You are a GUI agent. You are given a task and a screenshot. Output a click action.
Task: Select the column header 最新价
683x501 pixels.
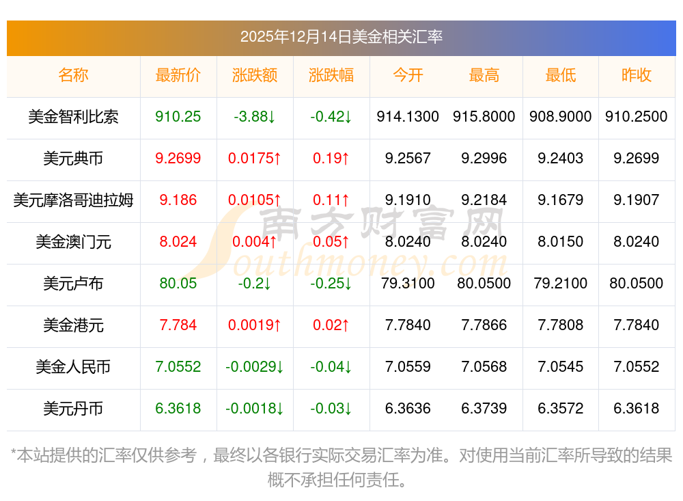click(x=178, y=75)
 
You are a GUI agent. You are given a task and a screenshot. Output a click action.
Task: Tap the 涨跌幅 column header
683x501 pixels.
click(x=331, y=75)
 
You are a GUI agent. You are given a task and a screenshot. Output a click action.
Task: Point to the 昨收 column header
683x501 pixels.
click(x=637, y=75)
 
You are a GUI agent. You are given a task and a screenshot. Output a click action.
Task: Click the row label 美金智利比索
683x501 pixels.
click(x=73, y=117)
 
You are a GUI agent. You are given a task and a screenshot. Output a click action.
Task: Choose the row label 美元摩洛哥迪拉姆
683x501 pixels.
click(x=73, y=200)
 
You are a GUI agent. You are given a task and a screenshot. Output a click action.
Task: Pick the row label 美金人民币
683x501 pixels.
click(x=73, y=367)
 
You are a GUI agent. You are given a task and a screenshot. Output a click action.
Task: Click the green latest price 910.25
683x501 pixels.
click(x=178, y=117)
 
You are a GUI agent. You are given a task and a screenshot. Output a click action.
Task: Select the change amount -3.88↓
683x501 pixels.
click(x=254, y=117)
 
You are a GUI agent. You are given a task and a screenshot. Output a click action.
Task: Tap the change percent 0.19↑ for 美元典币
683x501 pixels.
click(x=331, y=159)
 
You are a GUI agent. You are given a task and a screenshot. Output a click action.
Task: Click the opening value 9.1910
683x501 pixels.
click(x=408, y=200)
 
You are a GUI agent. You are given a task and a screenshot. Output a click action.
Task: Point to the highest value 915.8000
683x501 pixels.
click(x=484, y=117)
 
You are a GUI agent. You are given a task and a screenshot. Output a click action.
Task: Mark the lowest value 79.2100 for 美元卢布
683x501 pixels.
click(x=561, y=284)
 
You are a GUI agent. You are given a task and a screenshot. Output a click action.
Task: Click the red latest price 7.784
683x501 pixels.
click(x=178, y=325)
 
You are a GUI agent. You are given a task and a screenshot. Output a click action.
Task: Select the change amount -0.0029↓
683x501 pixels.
click(x=254, y=367)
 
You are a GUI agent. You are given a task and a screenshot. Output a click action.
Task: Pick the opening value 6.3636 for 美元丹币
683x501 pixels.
click(x=408, y=409)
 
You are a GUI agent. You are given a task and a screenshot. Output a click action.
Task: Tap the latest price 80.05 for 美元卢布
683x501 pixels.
click(x=178, y=284)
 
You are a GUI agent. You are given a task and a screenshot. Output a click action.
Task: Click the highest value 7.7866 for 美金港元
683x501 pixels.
click(x=484, y=325)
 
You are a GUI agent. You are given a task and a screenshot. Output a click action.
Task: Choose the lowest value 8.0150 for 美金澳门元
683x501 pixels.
click(x=561, y=242)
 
